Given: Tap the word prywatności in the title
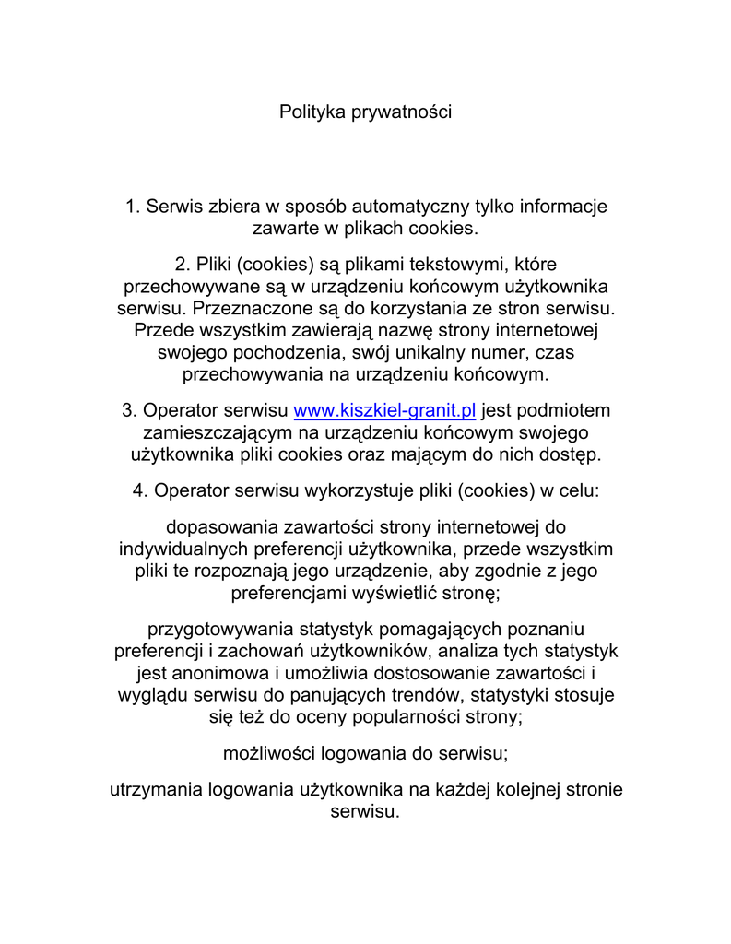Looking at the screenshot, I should (401, 112).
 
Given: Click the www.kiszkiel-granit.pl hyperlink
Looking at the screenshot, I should (383, 410).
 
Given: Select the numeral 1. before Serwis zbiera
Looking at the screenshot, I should (132, 206).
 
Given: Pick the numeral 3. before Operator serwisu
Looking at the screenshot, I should (129, 410).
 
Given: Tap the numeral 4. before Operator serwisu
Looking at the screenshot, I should (140, 491).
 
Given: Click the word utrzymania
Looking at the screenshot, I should (156, 790).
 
